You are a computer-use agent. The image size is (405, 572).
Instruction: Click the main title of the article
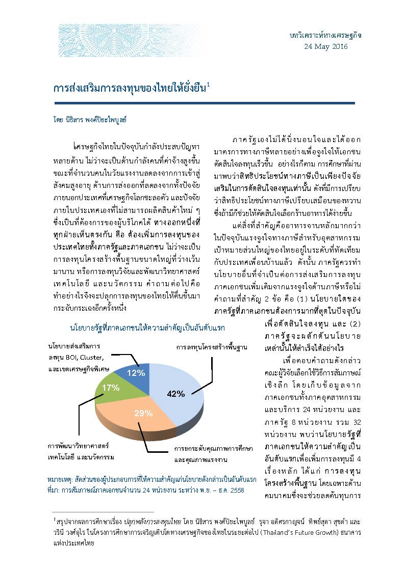(129, 88)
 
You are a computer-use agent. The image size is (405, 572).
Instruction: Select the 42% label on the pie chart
(174, 392)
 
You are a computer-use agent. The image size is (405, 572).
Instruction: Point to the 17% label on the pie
(111, 388)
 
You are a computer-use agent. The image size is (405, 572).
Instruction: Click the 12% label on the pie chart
(136, 372)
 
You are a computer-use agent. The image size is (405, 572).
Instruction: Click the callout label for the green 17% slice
(80, 452)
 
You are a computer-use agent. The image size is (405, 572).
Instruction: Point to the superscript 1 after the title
(208, 84)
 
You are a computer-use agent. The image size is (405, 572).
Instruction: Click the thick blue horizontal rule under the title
(204, 103)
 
